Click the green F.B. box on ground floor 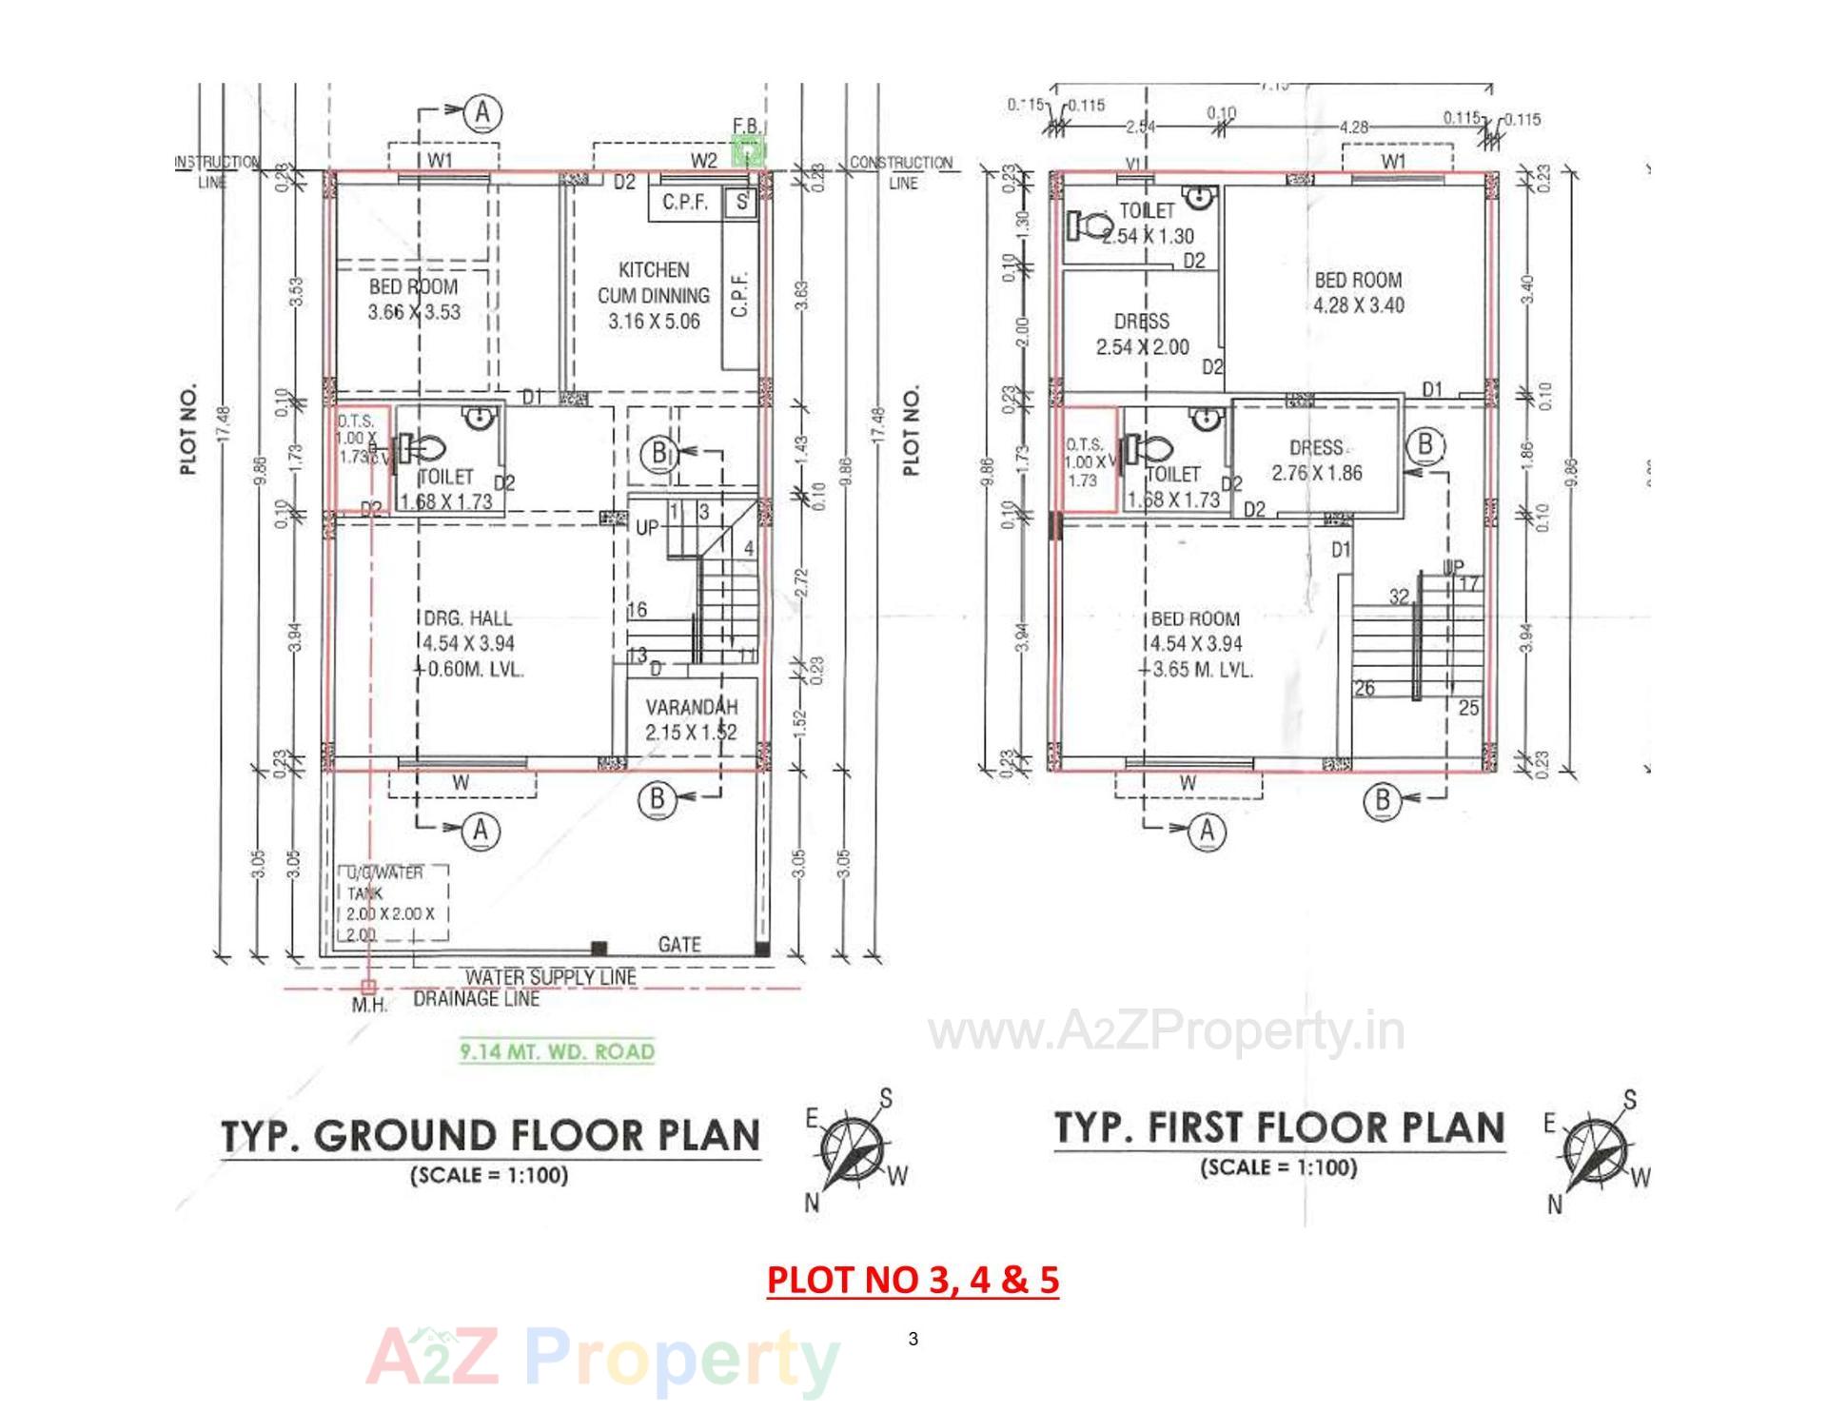[748, 150]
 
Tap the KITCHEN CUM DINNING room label [654, 295]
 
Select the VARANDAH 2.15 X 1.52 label [691, 720]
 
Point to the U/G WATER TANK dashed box [393, 902]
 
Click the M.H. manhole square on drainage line [369, 987]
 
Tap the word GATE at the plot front [679, 944]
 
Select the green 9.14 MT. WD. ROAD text [558, 1051]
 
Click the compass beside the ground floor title [853, 1152]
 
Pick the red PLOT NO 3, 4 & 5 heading [913, 1280]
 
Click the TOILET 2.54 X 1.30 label [1148, 224]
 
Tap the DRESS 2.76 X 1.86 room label [1317, 460]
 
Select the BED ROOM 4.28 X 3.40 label [1358, 292]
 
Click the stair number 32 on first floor [1398, 598]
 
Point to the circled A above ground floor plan [482, 113]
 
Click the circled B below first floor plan [1383, 799]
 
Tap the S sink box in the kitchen [741, 203]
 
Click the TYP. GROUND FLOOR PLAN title [490, 1136]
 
